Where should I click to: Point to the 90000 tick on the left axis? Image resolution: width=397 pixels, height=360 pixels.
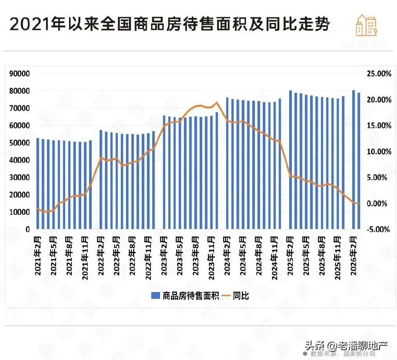(x=19, y=74)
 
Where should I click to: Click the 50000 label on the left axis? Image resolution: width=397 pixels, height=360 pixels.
(x=19, y=143)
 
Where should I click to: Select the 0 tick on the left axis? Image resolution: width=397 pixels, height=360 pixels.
(x=27, y=229)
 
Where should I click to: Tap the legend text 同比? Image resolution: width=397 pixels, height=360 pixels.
(x=241, y=296)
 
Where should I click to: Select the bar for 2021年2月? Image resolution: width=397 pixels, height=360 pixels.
(x=38, y=184)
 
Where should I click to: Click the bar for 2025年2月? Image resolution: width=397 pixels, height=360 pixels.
(x=291, y=160)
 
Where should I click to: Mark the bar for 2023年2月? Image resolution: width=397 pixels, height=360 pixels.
(x=164, y=172)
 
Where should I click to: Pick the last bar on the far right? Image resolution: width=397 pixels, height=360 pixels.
(x=359, y=161)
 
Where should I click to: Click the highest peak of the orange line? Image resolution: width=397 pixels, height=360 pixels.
(x=217, y=103)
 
